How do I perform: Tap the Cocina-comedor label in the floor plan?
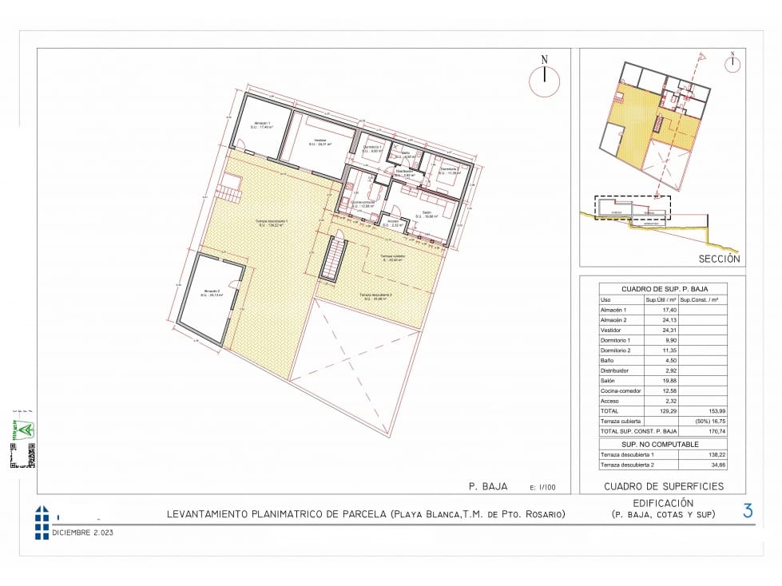363,204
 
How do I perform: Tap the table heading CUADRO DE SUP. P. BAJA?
663,289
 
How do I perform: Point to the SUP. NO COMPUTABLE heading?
661,444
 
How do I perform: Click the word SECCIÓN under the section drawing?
719,259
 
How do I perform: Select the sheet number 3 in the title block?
748,511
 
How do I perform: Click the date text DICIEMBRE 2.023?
83,532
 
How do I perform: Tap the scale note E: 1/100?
543,486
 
